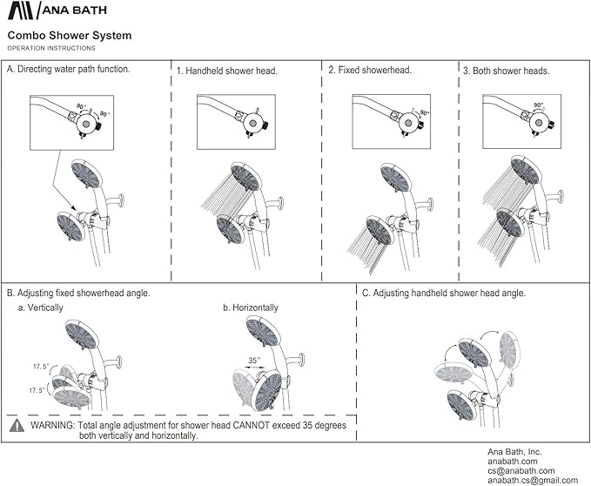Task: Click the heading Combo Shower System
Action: (x=70, y=36)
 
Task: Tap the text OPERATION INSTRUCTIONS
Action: (x=51, y=47)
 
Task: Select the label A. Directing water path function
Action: (x=69, y=69)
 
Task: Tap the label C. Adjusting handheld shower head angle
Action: (x=443, y=294)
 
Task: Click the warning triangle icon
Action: (x=17, y=427)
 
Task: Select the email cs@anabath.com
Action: (x=520, y=471)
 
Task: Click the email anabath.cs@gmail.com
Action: (x=533, y=481)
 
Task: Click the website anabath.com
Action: (x=513, y=462)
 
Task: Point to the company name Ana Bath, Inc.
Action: (x=514, y=452)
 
